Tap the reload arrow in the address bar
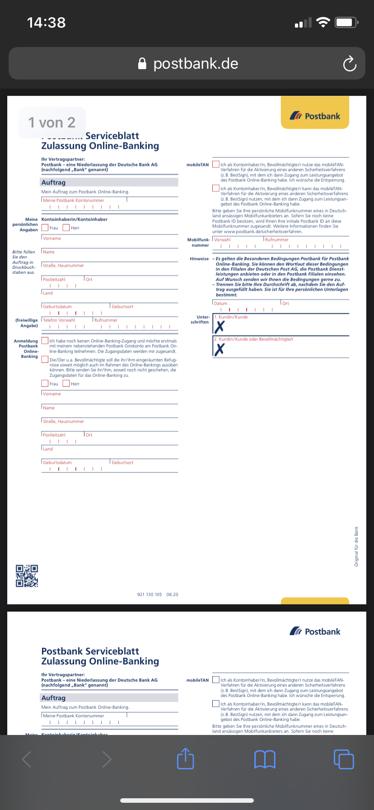350,64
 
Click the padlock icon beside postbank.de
142,64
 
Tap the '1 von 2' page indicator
51,122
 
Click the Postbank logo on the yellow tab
315,116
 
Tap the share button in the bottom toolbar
185,759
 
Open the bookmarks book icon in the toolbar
265,759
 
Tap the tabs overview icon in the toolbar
344,759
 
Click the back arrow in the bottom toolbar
27,759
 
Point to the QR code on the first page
27,576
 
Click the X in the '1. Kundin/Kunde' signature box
220,327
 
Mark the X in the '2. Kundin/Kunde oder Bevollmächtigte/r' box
220,349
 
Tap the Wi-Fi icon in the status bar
323,22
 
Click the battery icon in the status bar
347,22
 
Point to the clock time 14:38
46,22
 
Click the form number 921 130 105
150,594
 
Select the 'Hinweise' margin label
199,259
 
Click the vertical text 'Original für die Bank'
356,546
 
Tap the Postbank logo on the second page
315,631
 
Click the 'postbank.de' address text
196,64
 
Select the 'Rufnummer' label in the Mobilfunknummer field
277,240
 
